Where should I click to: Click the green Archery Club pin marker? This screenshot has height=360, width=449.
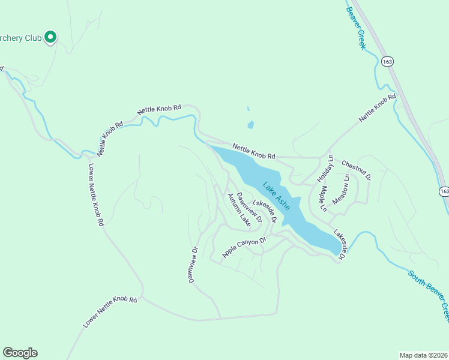(x=51, y=37)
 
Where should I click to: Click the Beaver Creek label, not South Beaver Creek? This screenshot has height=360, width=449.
(x=355, y=25)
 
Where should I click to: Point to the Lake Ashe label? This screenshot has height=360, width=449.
(x=276, y=196)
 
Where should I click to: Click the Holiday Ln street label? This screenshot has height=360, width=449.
(x=325, y=168)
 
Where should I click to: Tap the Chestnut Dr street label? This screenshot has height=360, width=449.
(x=357, y=170)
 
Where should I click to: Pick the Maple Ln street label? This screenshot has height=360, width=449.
(x=322, y=199)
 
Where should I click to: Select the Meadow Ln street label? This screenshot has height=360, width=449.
(x=340, y=189)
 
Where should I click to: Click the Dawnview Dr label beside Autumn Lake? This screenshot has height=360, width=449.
(x=249, y=208)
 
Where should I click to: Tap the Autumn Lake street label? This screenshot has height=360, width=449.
(x=238, y=209)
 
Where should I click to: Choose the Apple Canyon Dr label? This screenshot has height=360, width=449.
(x=244, y=248)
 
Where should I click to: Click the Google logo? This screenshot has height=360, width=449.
(x=20, y=353)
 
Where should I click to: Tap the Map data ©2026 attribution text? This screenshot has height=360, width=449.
(x=423, y=355)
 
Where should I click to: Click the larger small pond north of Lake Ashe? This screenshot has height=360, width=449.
(x=250, y=125)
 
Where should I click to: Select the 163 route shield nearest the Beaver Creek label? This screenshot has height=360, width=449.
(x=387, y=61)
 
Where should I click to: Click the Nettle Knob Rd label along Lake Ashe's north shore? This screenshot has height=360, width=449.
(x=253, y=151)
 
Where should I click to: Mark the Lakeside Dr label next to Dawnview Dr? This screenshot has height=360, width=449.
(x=265, y=212)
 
